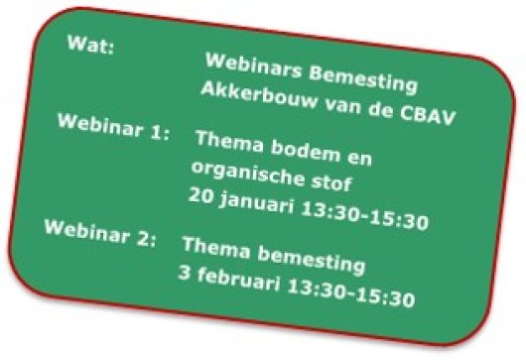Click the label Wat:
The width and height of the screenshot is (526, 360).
[90, 45]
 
